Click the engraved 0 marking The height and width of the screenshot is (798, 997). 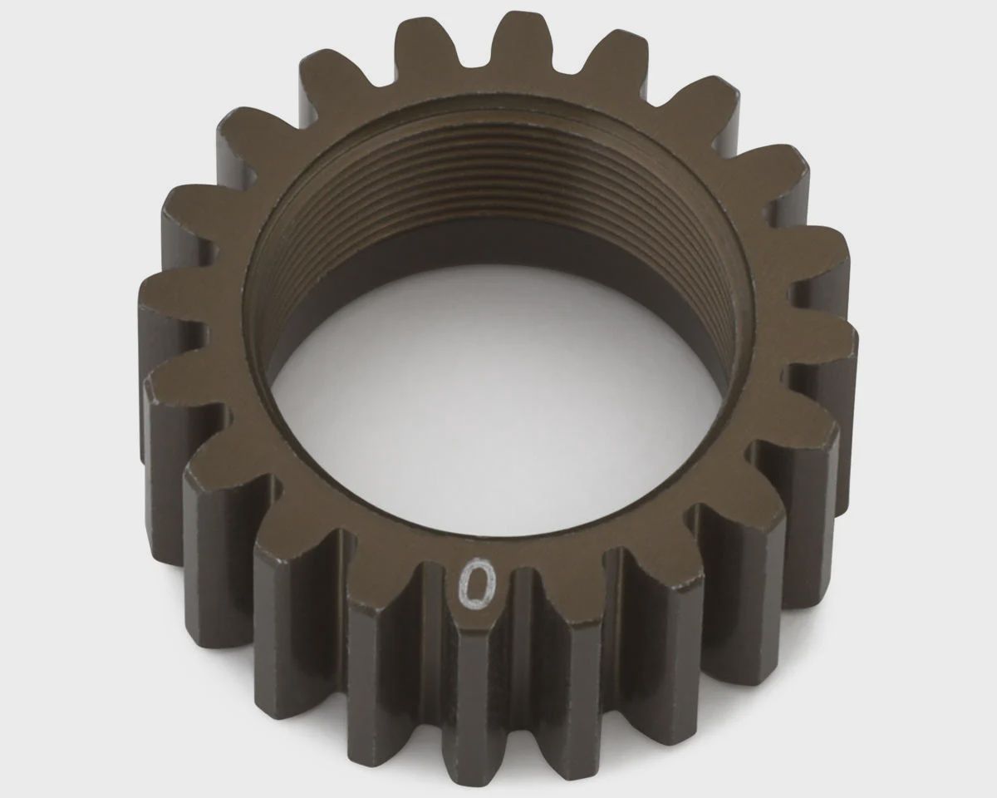pos(477,584)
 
